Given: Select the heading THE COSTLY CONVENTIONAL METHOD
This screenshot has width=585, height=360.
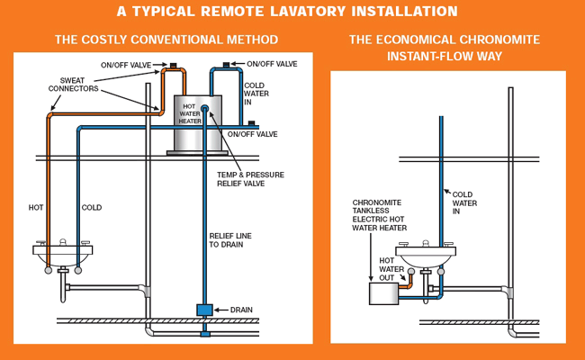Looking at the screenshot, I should tap(166, 40).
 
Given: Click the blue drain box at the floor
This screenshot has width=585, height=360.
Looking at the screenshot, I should tap(205, 310).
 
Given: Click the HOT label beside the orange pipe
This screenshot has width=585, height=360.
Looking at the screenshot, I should tap(35, 208).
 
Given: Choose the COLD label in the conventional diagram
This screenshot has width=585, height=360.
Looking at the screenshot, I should tap(92, 208).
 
